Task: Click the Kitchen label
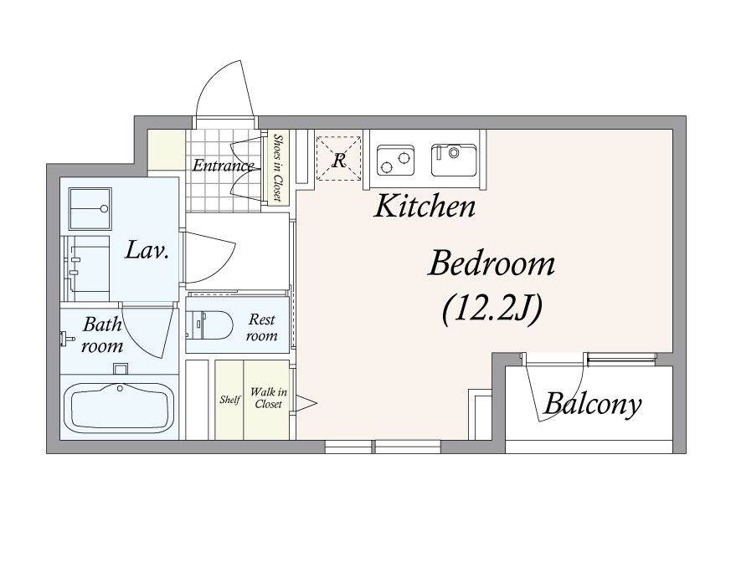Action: tap(425, 207)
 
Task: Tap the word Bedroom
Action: tap(492, 263)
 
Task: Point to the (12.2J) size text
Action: tap(492, 309)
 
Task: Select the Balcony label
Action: tap(593, 403)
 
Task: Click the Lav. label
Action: tap(147, 250)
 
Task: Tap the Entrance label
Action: tap(224, 166)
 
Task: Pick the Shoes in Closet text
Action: tap(278, 168)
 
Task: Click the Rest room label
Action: tap(262, 327)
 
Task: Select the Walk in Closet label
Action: tap(269, 398)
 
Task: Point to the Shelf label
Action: tap(229, 400)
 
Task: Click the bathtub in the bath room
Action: tap(118, 408)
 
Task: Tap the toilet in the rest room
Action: tap(209, 325)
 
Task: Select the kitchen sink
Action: tap(455, 160)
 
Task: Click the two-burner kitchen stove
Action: tap(395, 160)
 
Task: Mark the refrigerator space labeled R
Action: tap(339, 158)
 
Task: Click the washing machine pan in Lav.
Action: tap(90, 208)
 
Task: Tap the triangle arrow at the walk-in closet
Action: tap(305, 403)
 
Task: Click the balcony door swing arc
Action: tap(555, 387)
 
